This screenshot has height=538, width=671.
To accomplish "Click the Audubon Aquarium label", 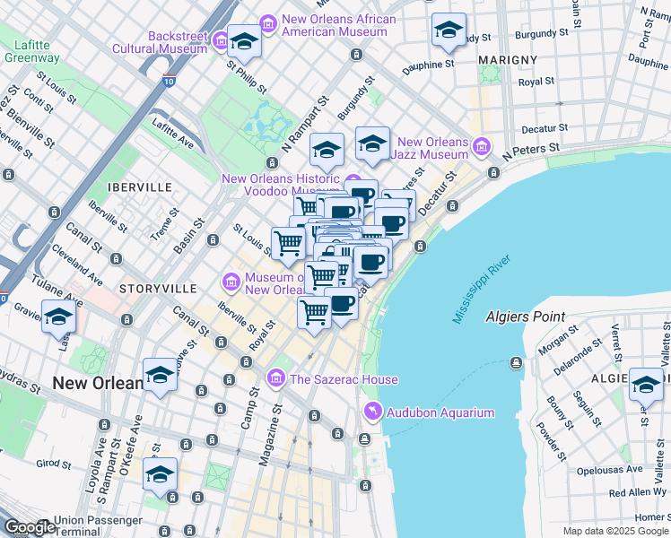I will coord(440,412).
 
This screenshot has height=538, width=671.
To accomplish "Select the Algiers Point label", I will coord(525,317).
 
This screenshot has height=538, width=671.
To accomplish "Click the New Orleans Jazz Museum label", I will coord(433,149).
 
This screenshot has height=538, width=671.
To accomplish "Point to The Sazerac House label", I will coord(344,379).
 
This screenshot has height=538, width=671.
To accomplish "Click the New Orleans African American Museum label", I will coord(338,25).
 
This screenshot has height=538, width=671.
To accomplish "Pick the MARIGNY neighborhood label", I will coord(507,60).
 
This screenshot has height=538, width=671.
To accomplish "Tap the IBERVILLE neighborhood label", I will coord(138,187).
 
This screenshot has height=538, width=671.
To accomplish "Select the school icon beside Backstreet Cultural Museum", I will coord(243,39).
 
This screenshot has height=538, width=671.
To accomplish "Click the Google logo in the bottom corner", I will coord(30,528).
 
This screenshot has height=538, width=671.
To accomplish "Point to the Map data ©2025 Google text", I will coord(614,531).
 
